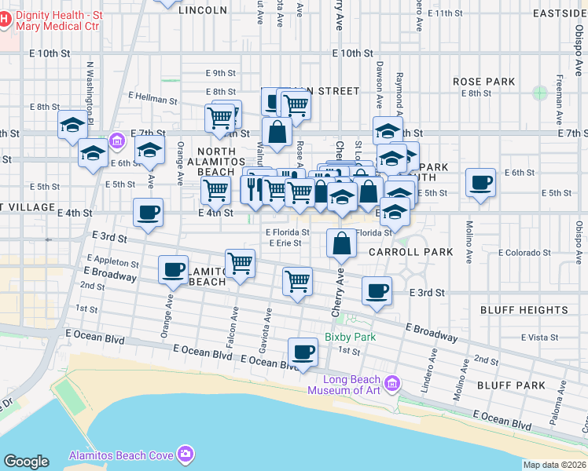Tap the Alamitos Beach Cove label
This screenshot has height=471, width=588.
pyautogui.click(x=119, y=455)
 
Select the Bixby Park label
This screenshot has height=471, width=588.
pyautogui.click(x=350, y=337)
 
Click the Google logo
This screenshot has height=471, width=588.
pyautogui.click(x=26, y=462)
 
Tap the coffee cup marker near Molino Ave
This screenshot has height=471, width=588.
pyautogui.click(x=480, y=184)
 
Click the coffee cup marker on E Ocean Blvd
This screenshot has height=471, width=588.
pyautogui.click(x=303, y=352)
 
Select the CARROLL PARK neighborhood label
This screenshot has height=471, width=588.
pyautogui.click(x=411, y=252)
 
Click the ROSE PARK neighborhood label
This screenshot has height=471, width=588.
pyautogui.click(x=483, y=82)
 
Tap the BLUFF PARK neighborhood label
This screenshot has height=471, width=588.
pyautogui.click(x=511, y=385)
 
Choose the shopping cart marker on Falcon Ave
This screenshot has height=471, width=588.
pyautogui.click(x=240, y=264)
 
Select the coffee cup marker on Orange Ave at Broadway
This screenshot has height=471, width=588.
pyautogui.click(x=173, y=270)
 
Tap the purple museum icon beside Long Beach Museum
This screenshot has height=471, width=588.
pyautogui.click(x=392, y=385)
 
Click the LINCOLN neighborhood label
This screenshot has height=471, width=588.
pyautogui.click(x=203, y=11)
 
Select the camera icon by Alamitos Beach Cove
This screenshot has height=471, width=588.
pyautogui.click(x=185, y=454)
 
